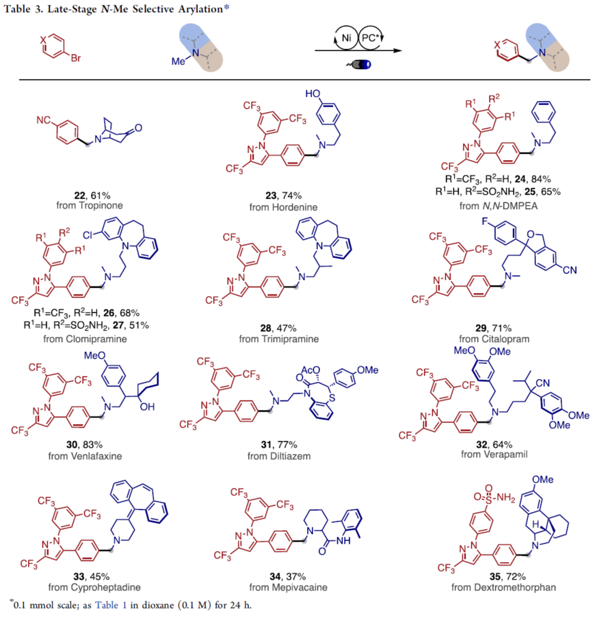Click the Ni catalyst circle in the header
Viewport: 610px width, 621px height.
tap(346, 38)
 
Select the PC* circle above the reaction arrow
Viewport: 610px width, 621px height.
tap(371, 38)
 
